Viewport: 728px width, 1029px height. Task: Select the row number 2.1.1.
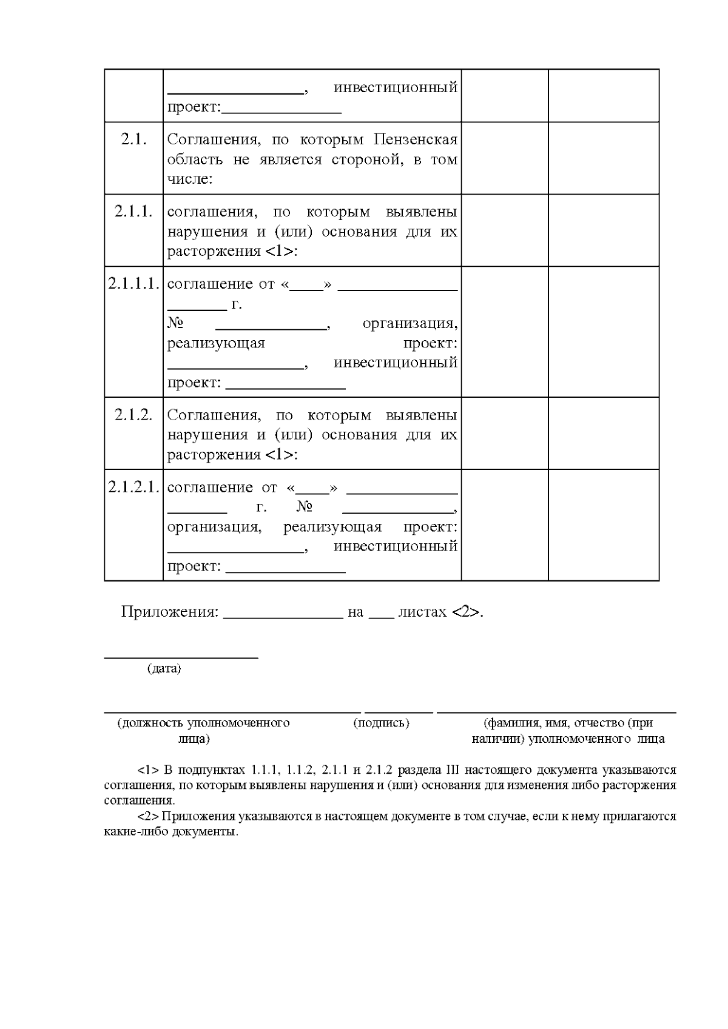click(x=133, y=212)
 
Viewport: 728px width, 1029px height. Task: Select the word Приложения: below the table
click(x=169, y=612)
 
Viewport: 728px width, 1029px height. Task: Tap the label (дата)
click(x=164, y=669)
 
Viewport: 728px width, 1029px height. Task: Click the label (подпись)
click(x=381, y=723)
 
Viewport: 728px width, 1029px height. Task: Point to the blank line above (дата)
click(x=181, y=657)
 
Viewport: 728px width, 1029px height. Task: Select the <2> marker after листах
click(x=466, y=612)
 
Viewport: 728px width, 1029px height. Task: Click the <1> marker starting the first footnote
click(x=148, y=770)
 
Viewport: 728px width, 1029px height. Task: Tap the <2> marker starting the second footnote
click(x=148, y=816)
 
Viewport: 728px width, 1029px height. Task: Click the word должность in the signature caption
click(x=153, y=723)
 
